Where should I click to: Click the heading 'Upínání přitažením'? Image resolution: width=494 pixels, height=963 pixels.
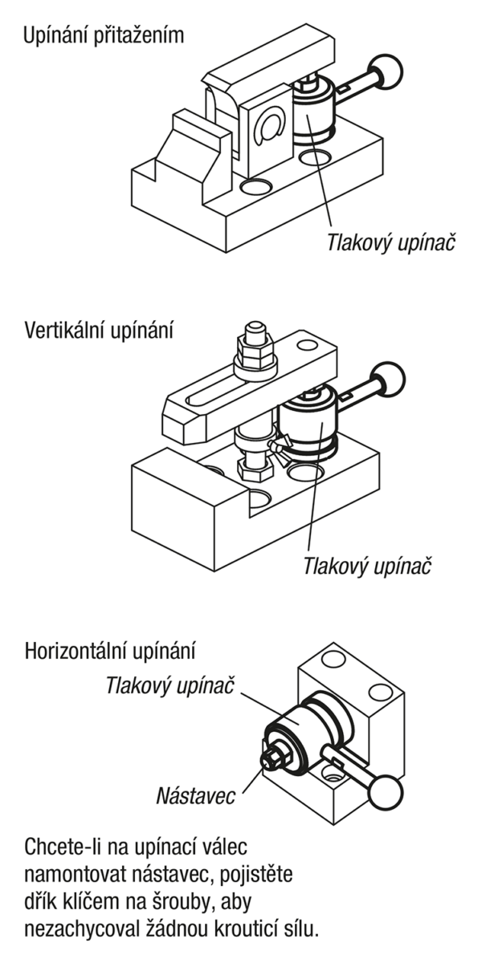point(104,35)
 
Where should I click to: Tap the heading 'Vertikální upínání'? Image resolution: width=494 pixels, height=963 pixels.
point(99,331)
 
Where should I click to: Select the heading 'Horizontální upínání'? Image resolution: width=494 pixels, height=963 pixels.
point(110,652)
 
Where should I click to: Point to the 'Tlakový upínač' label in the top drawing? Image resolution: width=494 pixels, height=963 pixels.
point(390,242)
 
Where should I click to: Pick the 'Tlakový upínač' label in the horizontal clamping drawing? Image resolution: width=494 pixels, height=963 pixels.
point(170,685)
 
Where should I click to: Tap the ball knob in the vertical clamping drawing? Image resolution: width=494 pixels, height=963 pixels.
point(388,379)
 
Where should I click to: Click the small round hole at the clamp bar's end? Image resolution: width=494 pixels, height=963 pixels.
point(307,345)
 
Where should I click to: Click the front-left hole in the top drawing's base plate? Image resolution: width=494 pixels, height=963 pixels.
point(256,187)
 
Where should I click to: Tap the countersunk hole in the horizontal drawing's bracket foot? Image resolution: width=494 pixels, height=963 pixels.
point(335,777)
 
